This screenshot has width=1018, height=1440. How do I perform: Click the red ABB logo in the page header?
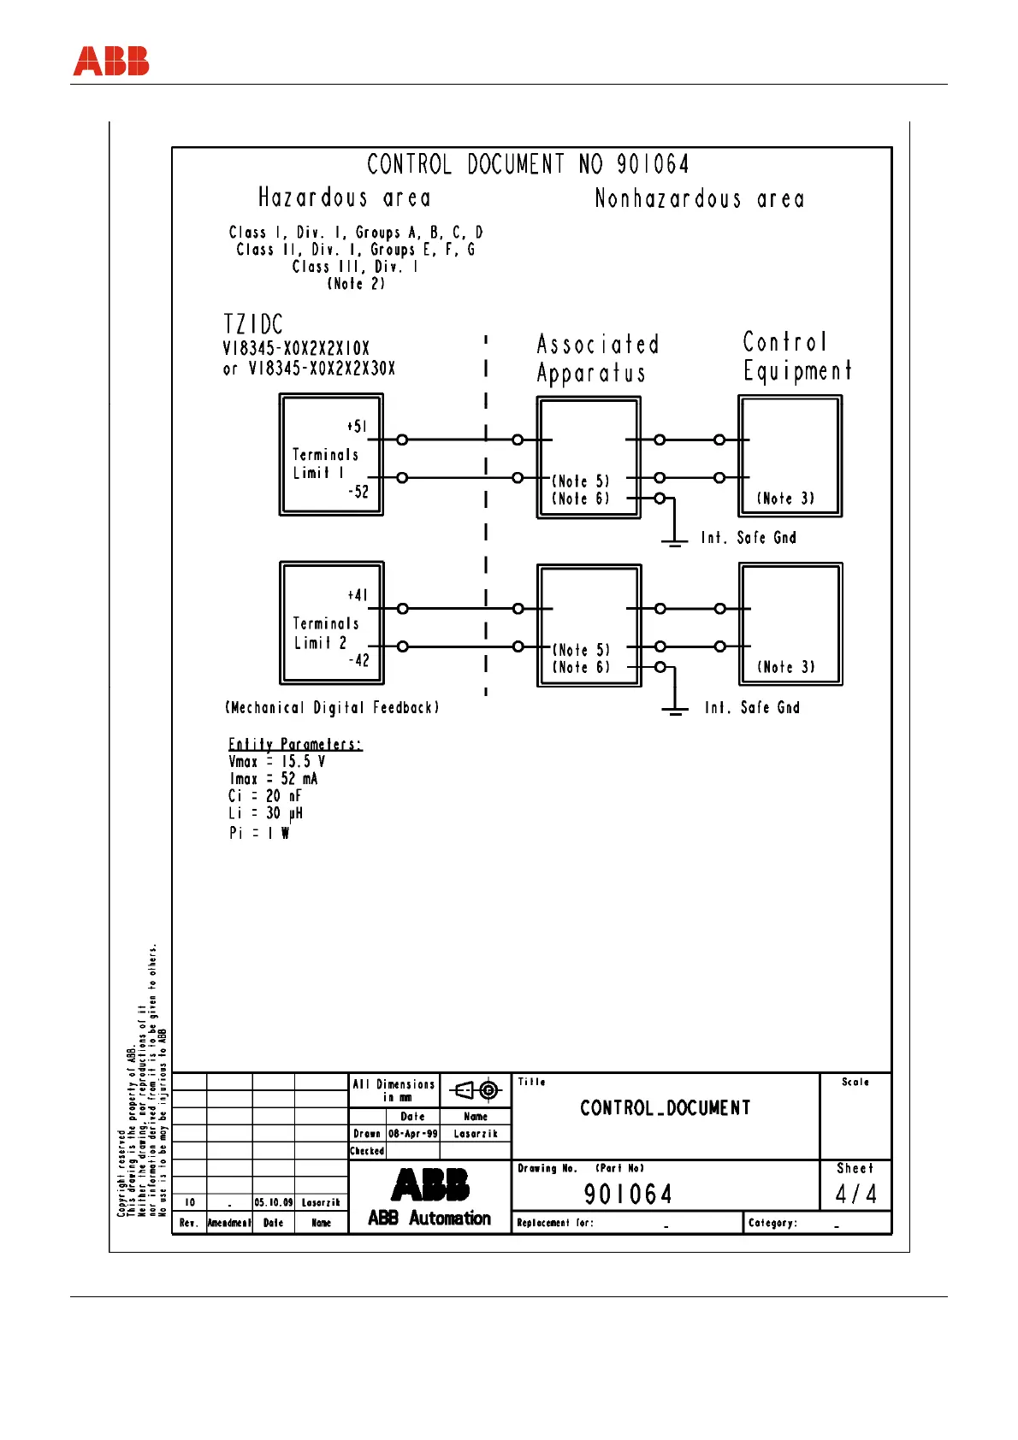tap(111, 62)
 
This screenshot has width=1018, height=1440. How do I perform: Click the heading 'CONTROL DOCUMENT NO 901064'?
tap(528, 164)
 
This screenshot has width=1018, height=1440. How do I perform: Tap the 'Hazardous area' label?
tap(345, 198)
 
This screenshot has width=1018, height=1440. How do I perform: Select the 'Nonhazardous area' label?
tap(699, 199)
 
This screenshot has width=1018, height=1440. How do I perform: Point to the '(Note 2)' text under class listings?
tap(356, 284)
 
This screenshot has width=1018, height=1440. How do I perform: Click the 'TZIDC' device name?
tap(253, 325)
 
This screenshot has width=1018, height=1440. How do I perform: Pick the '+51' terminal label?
tap(358, 427)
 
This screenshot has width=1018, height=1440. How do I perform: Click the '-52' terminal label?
tap(358, 492)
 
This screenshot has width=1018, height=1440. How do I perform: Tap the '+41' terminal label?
tap(358, 595)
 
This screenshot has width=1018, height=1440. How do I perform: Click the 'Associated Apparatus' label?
tap(597, 358)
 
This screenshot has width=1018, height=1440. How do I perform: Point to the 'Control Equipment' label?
tap(796, 356)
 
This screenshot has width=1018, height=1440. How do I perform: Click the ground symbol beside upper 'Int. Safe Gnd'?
tap(675, 540)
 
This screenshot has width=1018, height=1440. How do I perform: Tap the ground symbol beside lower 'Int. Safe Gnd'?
tap(675, 709)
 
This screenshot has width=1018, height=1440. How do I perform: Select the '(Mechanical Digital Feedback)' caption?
tap(332, 708)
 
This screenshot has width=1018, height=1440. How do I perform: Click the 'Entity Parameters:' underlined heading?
tap(295, 745)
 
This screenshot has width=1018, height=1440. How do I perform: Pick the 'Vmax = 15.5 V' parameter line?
tap(276, 762)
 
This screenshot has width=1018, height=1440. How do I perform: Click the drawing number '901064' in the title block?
tap(628, 1194)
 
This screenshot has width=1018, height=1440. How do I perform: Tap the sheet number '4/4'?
tap(855, 1194)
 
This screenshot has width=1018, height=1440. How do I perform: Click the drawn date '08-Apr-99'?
tap(412, 1134)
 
